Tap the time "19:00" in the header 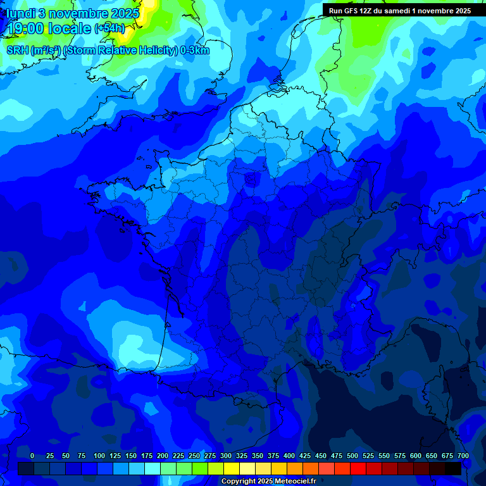click(x=26, y=29)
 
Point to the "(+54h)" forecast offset click(x=109, y=28)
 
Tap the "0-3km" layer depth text click(x=195, y=51)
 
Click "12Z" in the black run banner click(x=367, y=11)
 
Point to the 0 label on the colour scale click(x=32, y=456)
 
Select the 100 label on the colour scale click(x=99, y=456)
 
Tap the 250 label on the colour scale click(x=194, y=456)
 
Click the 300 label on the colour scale click(x=226, y=456)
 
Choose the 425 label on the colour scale click(x=305, y=456)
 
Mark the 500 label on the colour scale click(x=352, y=456)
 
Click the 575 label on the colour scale click(x=400, y=456)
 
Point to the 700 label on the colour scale click(x=463, y=456)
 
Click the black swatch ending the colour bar click(x=453, y=468)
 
